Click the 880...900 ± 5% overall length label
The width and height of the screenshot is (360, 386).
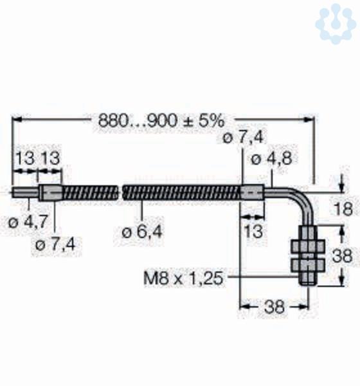[x=161, y=121]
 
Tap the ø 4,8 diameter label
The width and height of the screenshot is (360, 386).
[x=271, y=159]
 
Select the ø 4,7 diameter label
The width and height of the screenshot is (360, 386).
[x=28, y=223]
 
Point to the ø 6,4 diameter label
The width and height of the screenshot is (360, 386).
[x=142, y=232]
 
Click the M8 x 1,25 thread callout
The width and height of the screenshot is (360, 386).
[x=183, y=279]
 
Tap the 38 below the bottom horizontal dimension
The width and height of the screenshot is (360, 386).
[x=274, y=307]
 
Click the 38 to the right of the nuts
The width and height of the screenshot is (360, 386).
[x=342, y=256]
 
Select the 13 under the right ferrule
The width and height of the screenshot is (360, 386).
[x=253, y=232]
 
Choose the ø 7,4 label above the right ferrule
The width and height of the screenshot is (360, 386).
[x=243, y=138]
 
